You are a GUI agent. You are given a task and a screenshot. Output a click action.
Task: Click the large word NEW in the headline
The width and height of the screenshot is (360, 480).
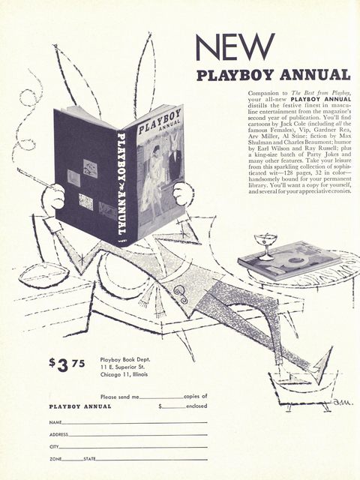[235, 47]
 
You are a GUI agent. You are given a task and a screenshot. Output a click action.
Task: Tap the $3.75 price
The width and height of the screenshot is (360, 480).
[67, 364]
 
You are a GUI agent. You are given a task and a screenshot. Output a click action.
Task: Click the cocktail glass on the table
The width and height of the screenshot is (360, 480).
[265, 247]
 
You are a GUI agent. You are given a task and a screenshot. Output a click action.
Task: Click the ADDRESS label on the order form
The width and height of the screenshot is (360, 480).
[58, 435]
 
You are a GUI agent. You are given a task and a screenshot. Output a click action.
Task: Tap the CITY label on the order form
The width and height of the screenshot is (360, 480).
[54, 447]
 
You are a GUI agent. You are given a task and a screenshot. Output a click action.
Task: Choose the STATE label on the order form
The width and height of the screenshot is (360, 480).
[89, 459]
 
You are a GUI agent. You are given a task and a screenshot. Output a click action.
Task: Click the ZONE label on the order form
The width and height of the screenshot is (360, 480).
[55, 459]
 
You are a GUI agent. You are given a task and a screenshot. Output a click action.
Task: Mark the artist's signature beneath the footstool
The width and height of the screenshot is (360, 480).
[342, 402]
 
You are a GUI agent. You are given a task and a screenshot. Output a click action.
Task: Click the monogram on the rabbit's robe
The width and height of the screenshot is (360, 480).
[181, 295]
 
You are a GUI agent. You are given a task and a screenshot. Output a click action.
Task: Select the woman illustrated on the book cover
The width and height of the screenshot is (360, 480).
[153, 181]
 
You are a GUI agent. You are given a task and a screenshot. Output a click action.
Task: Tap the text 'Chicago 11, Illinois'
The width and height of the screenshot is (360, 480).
[124, 374]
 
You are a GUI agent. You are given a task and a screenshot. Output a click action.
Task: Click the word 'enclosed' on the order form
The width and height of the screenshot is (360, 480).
[196, 406]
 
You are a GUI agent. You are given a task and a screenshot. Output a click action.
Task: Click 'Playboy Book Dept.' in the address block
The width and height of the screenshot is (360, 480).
[125, 360]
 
